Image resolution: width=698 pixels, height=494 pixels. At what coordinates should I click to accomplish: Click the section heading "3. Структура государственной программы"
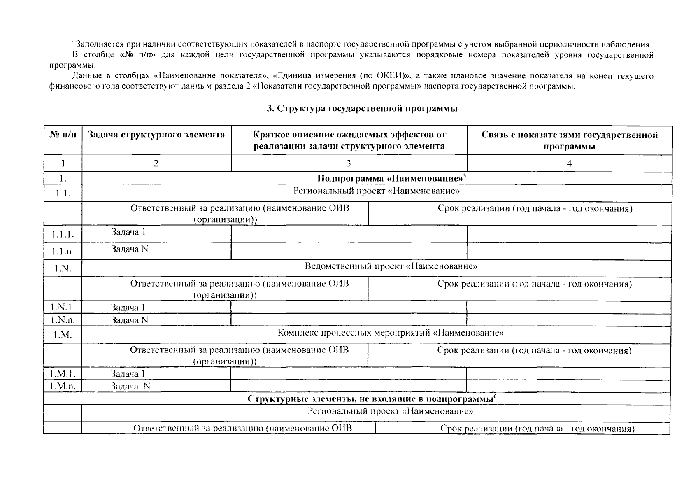pos(362,109)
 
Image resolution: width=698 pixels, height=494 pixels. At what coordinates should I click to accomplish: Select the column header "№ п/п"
pos(63,135)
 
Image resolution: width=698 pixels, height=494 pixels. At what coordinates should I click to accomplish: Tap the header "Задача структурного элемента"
pos(156,135)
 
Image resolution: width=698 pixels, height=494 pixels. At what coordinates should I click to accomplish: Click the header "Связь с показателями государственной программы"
pos(569,140)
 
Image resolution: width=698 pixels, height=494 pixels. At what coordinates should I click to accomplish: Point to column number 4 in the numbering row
pos(569,163)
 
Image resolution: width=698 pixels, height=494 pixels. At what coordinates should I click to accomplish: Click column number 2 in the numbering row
pos(156,163)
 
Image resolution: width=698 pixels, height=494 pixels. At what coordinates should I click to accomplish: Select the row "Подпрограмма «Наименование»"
pos(391,178)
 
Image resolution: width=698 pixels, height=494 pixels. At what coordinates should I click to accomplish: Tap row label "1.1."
pos(63,193)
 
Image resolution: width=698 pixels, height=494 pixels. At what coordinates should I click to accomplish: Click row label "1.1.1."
pos(63,234)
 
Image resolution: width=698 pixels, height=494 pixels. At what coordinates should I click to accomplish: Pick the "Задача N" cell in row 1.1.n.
pos(130,249)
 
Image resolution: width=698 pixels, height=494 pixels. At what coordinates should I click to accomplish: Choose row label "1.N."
pos(63,268)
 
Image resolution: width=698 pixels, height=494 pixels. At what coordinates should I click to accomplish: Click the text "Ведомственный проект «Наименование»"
pos(391,266)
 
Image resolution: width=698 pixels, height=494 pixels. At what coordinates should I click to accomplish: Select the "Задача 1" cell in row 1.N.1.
pos(128,308)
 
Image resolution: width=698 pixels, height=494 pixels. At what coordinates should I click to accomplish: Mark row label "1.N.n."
pos(63,320)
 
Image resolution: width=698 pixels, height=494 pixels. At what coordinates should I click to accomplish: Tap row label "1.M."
pos(63,335)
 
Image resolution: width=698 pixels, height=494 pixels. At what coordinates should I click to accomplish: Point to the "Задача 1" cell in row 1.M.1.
pos(128,374)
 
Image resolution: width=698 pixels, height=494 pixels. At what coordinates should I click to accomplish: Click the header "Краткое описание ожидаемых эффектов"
pos(349,135)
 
